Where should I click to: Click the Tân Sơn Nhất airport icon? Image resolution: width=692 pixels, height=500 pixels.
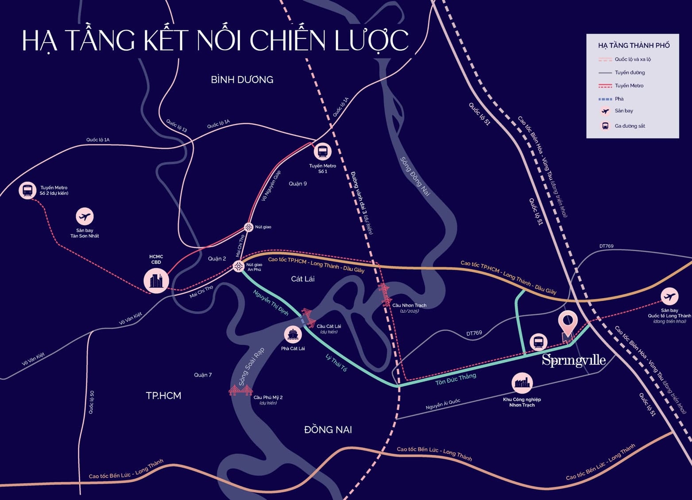(x=85, y=217)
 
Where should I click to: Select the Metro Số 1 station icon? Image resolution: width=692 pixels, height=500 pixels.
(x=322, y=152)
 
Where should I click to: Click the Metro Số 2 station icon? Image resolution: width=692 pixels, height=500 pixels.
(x=27, y=190)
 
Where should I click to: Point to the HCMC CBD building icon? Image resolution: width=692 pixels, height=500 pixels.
(x=156, y=280)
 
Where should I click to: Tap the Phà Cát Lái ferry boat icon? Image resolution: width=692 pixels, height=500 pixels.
(x=293, y=334)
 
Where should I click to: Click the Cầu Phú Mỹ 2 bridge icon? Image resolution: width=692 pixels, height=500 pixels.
(x=240, y=390)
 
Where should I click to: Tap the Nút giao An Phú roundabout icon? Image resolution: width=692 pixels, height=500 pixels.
(x=239, y=266)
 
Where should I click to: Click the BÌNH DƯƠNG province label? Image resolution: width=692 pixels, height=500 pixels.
(x=242, y=80)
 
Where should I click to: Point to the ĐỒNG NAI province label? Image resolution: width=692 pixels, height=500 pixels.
(x=328, y=430)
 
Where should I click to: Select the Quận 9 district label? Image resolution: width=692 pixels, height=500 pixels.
(x=298, y=184)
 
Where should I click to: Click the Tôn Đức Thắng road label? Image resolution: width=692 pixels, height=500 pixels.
(x=455, y=379)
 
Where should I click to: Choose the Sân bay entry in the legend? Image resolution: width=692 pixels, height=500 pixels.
(x=623, y=111)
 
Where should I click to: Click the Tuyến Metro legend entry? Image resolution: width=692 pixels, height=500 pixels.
(x=629, y=85)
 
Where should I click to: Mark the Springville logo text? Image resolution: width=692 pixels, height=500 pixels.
(x=573, y=360)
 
